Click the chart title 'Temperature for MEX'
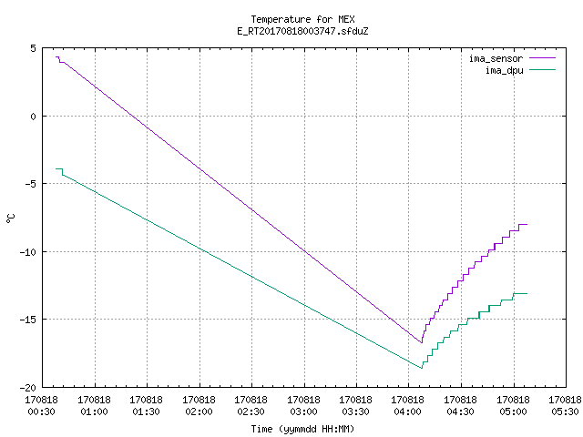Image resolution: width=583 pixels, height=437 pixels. click(302, 19)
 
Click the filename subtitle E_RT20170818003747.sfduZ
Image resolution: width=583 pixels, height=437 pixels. click(302, 31)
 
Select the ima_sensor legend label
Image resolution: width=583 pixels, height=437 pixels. click(496, 58)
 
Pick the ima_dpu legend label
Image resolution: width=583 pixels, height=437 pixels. click(504, 70)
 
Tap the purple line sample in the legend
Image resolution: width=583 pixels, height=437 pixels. click(542, 58)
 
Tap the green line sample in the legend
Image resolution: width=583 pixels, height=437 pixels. click(542, 69)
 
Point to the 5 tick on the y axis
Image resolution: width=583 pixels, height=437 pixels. click(34, 48)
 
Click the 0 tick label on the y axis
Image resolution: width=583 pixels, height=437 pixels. click(34, 117)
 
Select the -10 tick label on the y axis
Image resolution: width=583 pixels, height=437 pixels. click(28, 252)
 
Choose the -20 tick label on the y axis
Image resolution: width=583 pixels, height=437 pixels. click(28, 388)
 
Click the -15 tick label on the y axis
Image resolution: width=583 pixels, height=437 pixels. click(28, 320)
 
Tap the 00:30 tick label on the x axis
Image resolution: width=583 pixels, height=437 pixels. click(42, 412)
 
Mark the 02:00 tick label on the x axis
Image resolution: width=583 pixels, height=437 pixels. click(199, 412)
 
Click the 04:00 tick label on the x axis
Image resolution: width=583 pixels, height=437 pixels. click(408, 412)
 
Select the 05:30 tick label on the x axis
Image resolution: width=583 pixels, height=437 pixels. click(565, 412)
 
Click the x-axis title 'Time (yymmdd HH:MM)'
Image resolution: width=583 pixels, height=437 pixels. click(302, 429)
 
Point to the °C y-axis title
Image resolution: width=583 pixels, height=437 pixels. click(11, 218)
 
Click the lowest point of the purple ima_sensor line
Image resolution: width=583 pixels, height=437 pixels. click(422, 342)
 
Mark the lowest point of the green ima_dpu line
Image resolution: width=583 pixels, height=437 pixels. click(422, 368)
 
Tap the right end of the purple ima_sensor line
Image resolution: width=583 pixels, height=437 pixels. click(527, 225)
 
